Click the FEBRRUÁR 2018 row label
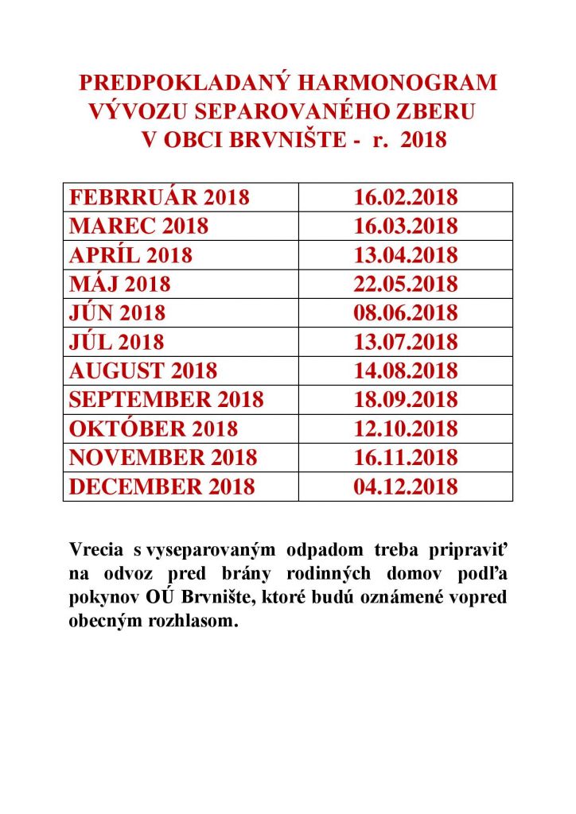point(160,197)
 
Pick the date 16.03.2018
point(406,226)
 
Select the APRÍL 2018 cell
point(131,255)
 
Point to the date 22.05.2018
point(406,284)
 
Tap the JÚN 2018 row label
point(118,312)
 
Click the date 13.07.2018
point(406,342)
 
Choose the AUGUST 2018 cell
point(143,370)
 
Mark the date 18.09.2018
point(406,399)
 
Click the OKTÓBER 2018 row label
point(154,428)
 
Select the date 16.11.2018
point(406,457)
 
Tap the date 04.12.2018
point(406,486)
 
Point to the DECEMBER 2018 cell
point(162,486)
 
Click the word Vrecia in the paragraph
point(94,551)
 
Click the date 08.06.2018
point(406,312)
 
